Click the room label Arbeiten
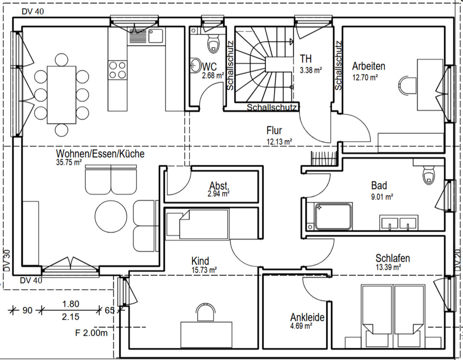click(368, 67)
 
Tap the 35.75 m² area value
click(69, 163)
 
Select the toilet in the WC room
click(212, 44)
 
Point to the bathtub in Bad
click(333, 216)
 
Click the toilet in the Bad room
click(428, 175)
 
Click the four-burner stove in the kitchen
click(117, 69)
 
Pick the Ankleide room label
click(307, 318)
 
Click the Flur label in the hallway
click(274, 131)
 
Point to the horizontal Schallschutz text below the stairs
click(272, 107)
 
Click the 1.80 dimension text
click(70, 304)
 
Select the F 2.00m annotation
click(91, 333)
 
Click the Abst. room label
click(219, 186)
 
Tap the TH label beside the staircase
click(305, 59)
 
